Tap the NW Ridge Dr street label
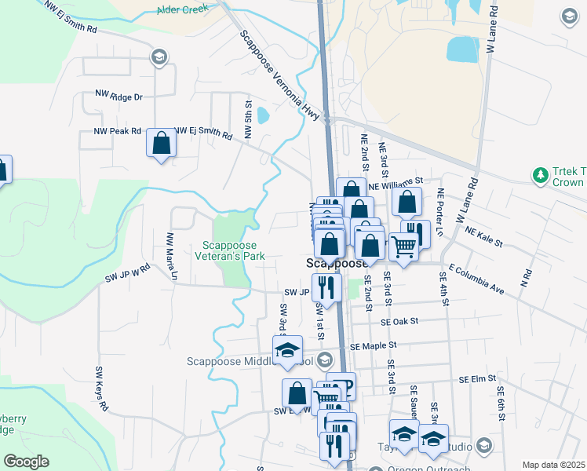(118, 96)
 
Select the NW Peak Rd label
(117, 131)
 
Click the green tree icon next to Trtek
(540, 173)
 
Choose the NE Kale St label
(483, 238)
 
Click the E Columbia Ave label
(476, 278)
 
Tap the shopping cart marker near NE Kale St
(403, 246)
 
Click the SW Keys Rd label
(100, 389)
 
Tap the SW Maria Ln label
(170, 255)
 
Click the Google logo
(26, 461)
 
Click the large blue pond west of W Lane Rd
(462, 49)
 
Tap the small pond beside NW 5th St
(262, 116)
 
